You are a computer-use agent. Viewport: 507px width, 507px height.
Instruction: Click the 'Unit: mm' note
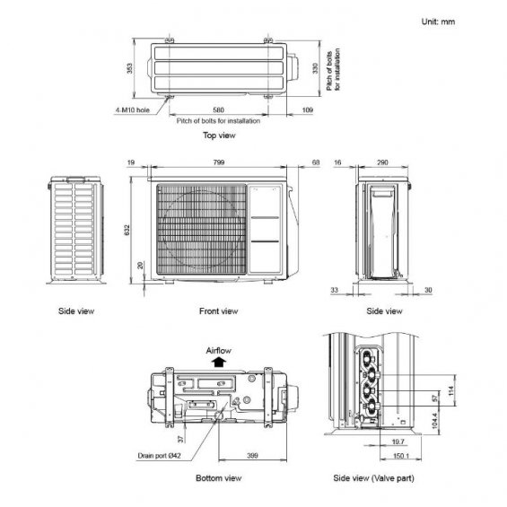438,22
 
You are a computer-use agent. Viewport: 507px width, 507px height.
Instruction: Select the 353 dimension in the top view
129,68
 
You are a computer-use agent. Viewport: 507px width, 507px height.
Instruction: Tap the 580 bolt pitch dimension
218,110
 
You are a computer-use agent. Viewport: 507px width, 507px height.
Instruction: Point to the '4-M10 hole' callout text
133,110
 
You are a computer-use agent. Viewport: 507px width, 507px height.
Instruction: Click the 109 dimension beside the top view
308,110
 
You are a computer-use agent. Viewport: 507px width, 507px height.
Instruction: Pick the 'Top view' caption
219,135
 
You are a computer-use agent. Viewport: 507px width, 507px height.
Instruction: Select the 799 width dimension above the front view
219,162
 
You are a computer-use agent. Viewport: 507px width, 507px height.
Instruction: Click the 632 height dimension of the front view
127,230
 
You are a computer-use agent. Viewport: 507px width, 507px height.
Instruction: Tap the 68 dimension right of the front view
316,162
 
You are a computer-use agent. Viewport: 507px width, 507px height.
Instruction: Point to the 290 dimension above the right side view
382,162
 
